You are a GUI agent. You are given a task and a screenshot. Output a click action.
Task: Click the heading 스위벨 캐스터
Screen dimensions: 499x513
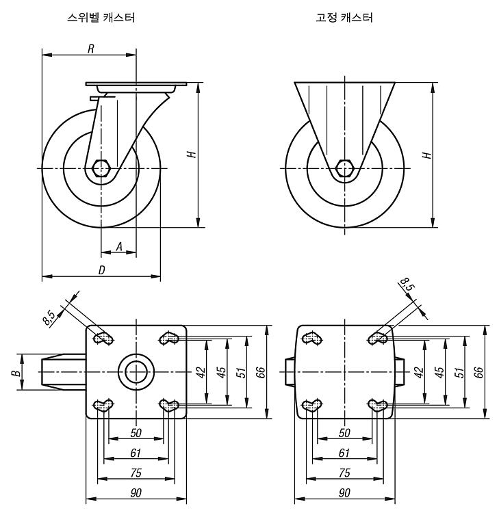click(x=101, y=17)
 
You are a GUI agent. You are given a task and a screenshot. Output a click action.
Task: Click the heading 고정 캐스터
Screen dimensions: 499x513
click(x=344, y=17)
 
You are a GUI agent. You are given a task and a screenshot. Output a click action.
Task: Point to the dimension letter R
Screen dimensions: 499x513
click(x=91, y=49)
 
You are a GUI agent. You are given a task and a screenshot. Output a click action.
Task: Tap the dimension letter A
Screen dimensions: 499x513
click(x=119, y=246)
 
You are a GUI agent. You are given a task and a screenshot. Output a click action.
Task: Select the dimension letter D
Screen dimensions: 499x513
click(x=102, y=270)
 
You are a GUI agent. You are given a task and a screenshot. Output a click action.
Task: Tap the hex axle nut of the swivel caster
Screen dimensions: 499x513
click(x=101, y=168)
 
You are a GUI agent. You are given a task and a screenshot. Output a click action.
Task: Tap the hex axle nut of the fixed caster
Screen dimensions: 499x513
click(x=344, y=168)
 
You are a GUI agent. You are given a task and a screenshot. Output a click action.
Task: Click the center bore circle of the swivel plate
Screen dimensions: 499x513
click(x=136, y=372)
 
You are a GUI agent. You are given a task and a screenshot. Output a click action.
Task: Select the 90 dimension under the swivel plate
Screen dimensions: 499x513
click(x=136, y=492)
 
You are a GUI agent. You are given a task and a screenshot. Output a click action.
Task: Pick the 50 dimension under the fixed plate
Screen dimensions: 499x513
click(x=344, y=433)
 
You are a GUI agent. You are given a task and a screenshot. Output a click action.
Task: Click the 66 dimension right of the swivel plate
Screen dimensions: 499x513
click(x=260, y=372)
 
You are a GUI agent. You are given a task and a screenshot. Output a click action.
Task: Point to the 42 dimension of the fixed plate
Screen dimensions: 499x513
click(x=418, y=372)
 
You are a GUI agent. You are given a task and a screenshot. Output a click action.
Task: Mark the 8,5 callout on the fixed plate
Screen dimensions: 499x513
click(x=408, y=284)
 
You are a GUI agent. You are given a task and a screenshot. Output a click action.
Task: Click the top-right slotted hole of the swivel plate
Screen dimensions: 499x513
click(x=169, y=339)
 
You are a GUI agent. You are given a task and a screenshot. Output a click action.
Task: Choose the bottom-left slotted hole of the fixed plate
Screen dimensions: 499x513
click(x=312, y=406)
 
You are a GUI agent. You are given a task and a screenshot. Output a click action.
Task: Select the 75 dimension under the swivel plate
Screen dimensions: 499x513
click(x=136, y=473)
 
